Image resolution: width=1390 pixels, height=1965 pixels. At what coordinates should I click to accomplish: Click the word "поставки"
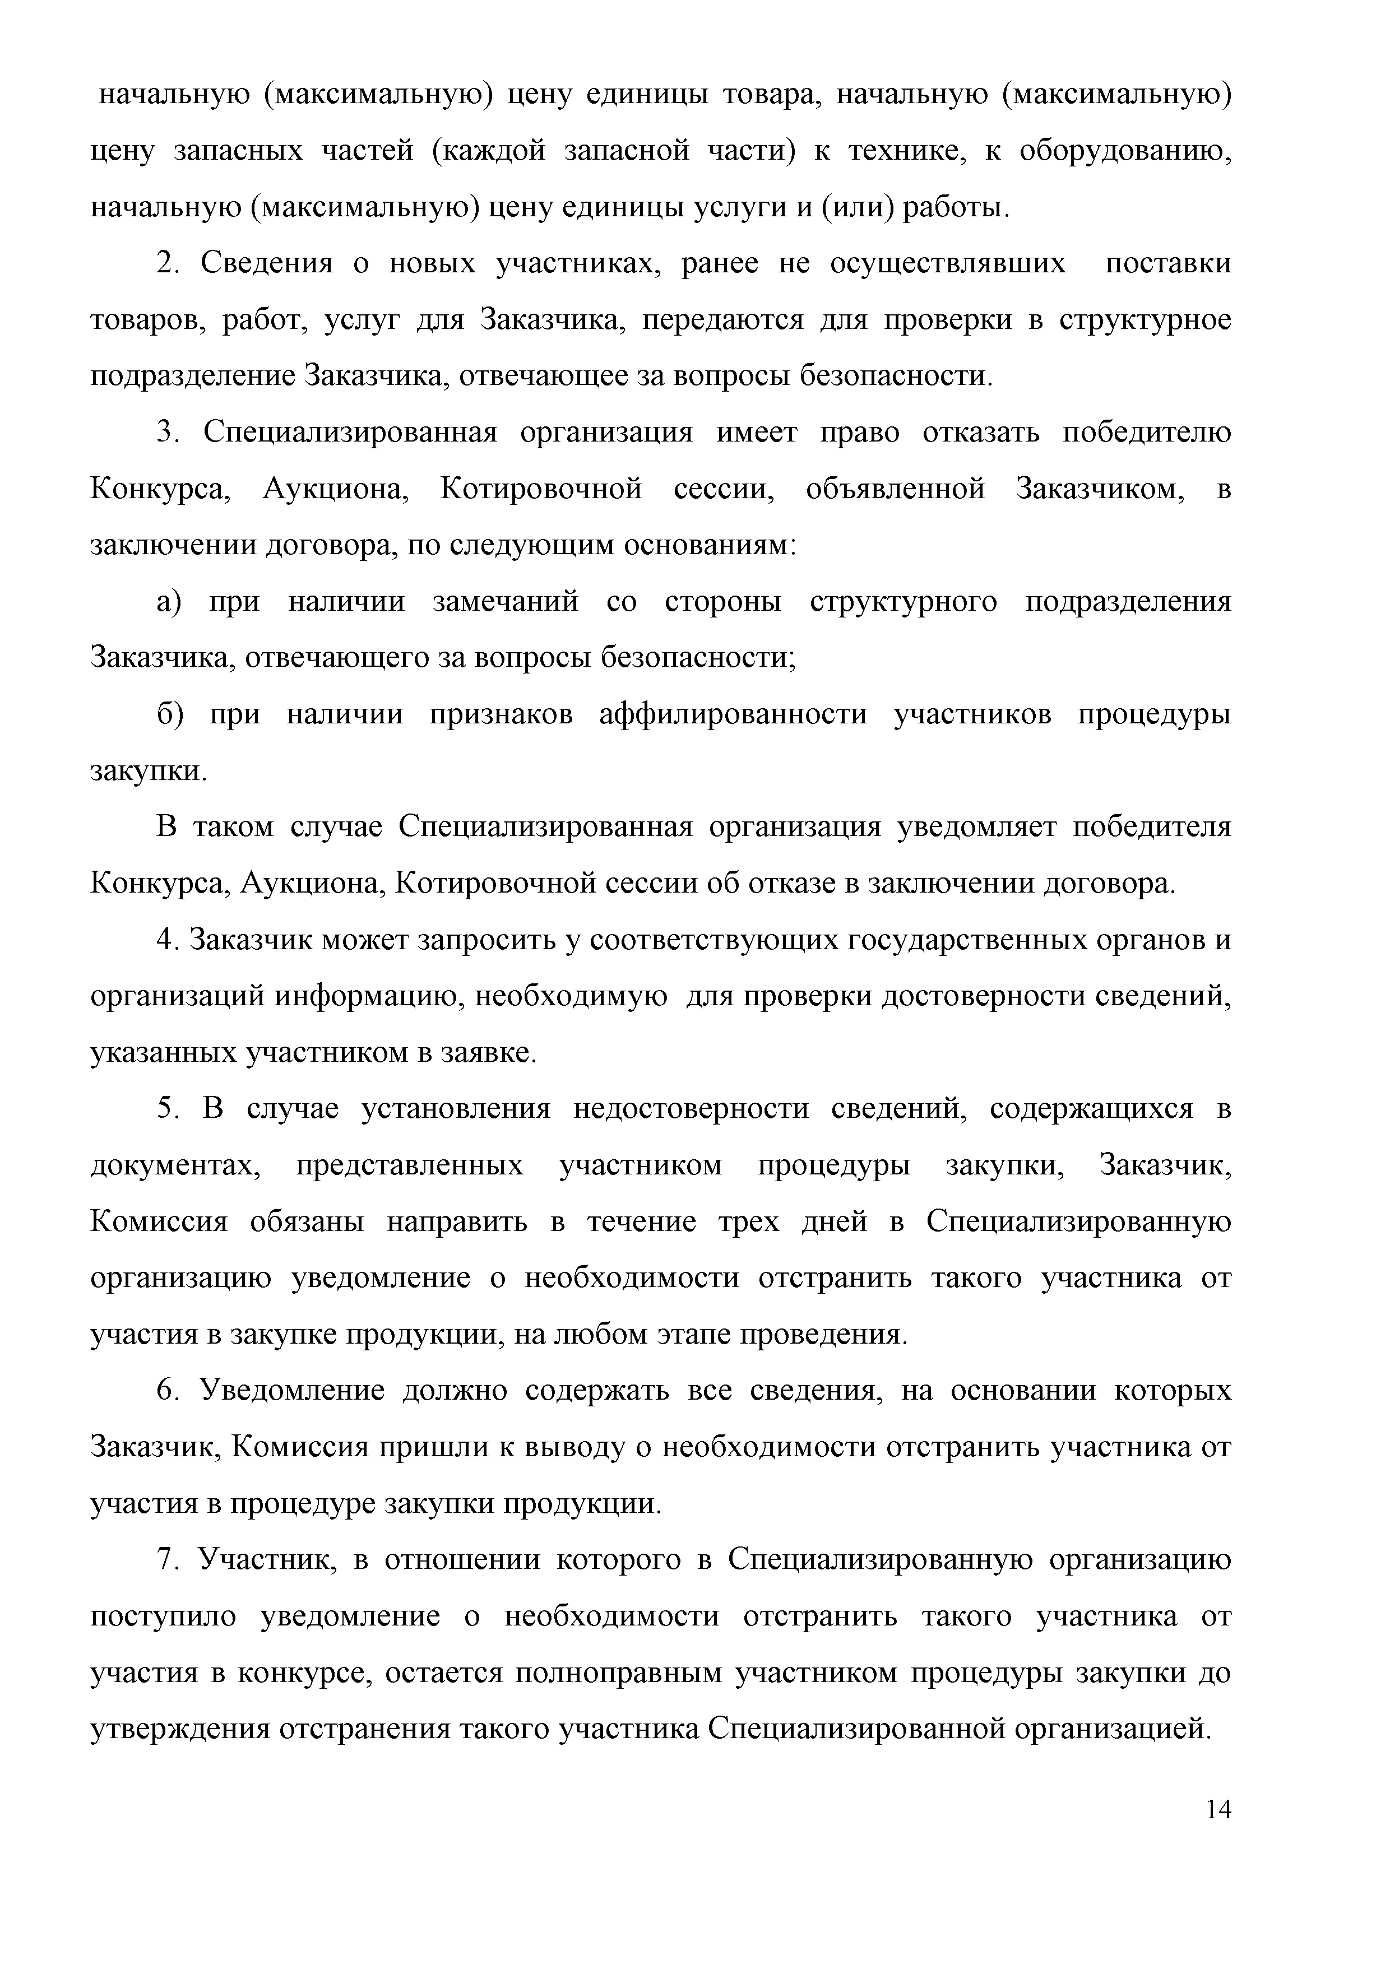(1168, 263)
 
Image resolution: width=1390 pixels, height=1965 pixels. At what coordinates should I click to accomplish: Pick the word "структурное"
(1145, 319)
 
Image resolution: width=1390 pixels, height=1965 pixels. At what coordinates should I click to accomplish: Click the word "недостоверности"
(691, 1109)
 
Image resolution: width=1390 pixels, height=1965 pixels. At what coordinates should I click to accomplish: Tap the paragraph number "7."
(167, 1560)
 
